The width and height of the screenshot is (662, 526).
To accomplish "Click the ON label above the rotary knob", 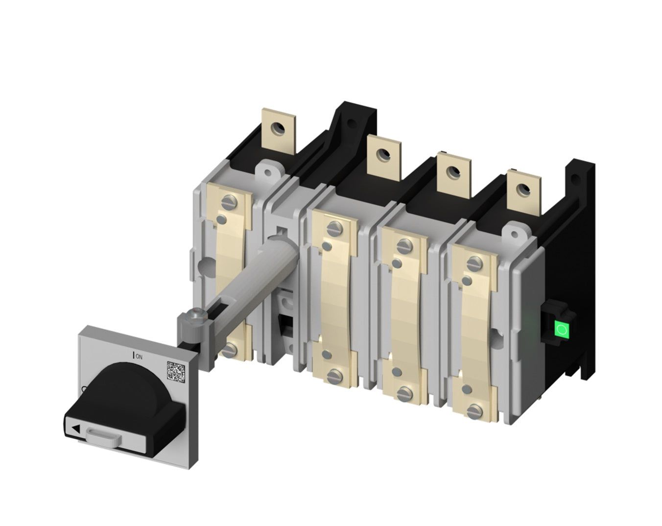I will click(139, 356).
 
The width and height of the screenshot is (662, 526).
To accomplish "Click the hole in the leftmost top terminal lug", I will click(280, 115).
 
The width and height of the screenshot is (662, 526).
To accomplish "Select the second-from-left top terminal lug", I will click(384, 155).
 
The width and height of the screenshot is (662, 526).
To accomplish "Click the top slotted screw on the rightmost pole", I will click(473, 264).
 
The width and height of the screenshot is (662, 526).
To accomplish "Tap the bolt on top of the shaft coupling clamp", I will click(197, 312).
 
